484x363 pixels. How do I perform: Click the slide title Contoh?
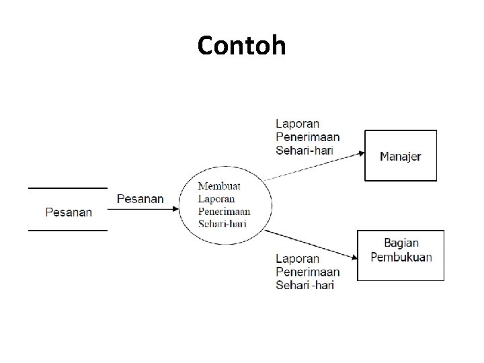pyautogui.click(x=242, y=46)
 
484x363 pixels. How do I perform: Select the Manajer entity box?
pyautogui.click(x=401, y=156)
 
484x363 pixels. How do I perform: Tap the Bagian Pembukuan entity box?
pyautogui.click(x=401, y=255)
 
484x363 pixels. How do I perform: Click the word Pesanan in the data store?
pyautogui.click(x=69, y=212)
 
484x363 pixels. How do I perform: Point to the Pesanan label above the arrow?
pyautogui.click(x=140, y=198)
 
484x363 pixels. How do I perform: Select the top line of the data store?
pyautogui.click(x=67, y=188)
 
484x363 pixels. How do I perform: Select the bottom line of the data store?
pyautogui.click(x=67, y=231)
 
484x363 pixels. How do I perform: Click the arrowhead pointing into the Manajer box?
pyautogui.click(x=361, y=153)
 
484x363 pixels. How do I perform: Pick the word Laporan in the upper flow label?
pyautogui.click(x=298, y=124)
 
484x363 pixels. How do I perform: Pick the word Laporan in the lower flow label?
pyautogui.click(x=298, y=259)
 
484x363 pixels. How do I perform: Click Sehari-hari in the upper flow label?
pyautogui.click(x=305, y=151)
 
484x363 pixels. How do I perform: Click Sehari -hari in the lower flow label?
pyautogui.click(x=305, y=285)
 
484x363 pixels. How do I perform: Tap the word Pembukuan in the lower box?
pyautogui.click(x=401, y=257)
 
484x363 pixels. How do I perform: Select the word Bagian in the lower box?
pyautogui.click(x=401, y=243)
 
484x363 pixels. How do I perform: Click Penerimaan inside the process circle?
pyautogui.click(x=225, y=211)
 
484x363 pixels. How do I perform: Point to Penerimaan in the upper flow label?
pyautogui.click(x=308, y=137)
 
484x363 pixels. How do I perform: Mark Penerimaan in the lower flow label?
pyautogui.click(x=308, y=272)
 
